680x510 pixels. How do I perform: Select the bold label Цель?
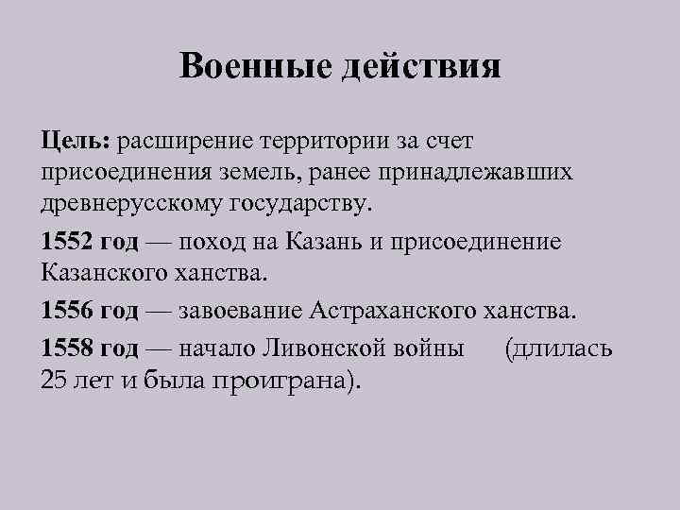click(76, 142)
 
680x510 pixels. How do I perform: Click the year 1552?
click(67, 241)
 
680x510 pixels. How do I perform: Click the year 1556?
click(67, 309)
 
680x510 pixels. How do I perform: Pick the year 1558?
click(67, 348)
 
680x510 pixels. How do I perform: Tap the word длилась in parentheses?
click(564, 348)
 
